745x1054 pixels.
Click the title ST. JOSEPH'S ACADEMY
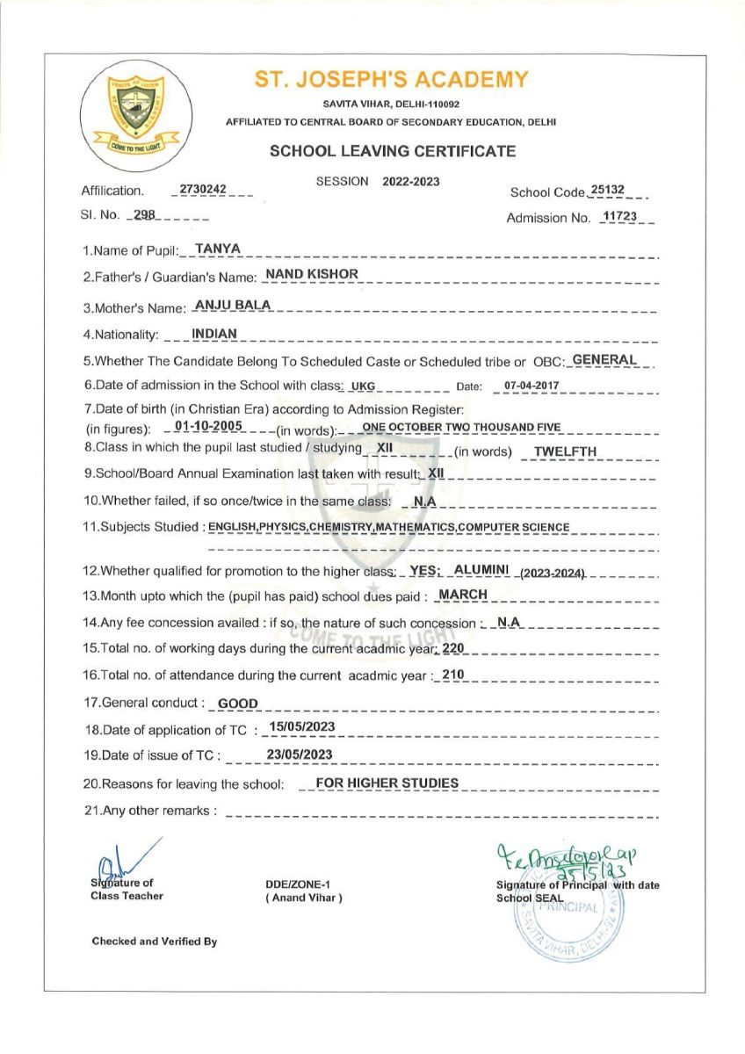[x=391, y=80]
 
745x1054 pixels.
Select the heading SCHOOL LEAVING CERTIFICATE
[x=393, y=151]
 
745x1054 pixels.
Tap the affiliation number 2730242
[x=201, y=189]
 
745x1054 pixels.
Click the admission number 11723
[x=618, y=216]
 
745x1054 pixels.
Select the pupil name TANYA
[x=211, y=249]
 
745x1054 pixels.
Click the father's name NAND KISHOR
[x=312, y=274]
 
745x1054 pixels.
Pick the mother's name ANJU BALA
[x=233, y=305]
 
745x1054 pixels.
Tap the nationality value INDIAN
[x=214, y=333]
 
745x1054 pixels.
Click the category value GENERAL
[x=604, y=359]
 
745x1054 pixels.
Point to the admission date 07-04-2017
[x=529, y=386]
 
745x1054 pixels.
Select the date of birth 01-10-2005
[x=208, y=426]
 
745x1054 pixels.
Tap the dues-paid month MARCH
[x=463, y=595]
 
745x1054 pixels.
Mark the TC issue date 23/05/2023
[x=299, y=754]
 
